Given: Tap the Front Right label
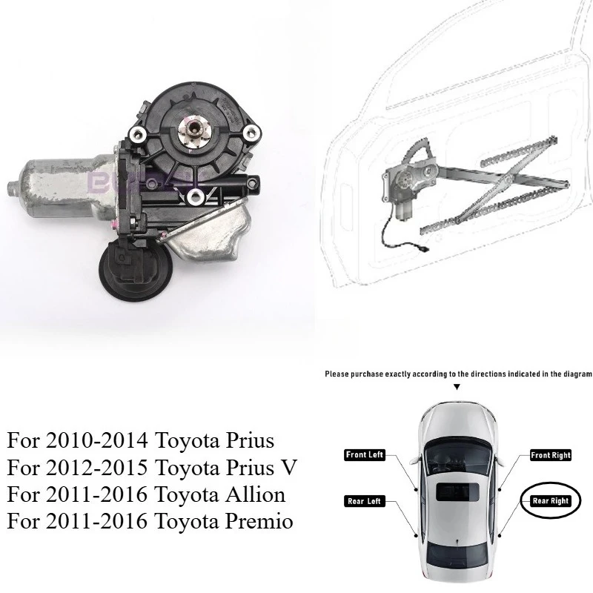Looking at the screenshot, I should pyautogui.click(x=549, y=454).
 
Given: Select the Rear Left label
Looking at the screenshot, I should pyautogui.click(x=365, y=502).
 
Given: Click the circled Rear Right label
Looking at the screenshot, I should pyautogui.click(x=550, y=501).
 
